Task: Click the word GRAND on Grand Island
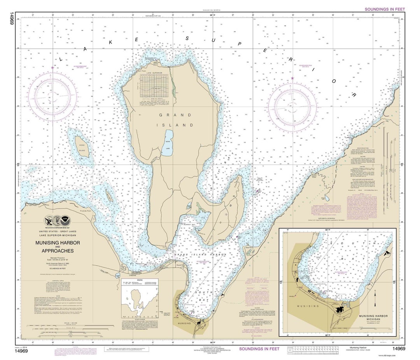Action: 175,115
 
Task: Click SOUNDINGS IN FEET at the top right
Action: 383,9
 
